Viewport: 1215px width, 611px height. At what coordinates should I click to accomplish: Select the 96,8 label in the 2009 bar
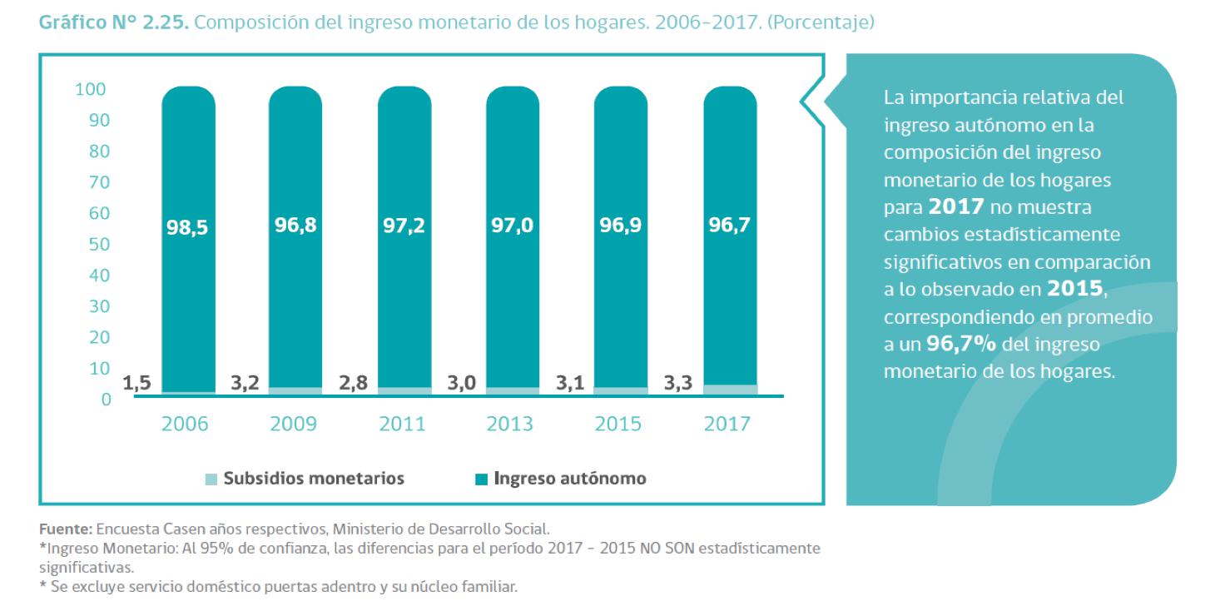[295, 226]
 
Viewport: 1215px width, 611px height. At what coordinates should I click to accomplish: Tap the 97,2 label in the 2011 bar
[404, 226]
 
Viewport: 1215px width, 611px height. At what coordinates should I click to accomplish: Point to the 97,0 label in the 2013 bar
[512, 226]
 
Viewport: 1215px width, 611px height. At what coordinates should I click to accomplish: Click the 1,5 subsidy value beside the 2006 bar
[137, 384]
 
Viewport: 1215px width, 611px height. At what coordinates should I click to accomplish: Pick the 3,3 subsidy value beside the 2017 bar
[678, 384]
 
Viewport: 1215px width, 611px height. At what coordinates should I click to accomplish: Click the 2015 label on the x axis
[618, 424]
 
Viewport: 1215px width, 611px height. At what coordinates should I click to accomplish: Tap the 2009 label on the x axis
[294, 424]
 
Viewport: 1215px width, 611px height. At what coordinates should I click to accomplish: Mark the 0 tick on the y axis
[105, 400]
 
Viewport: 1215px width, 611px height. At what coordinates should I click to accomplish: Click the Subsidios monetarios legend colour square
[211, 479]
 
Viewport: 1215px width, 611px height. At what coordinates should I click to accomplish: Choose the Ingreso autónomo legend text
[570, 479]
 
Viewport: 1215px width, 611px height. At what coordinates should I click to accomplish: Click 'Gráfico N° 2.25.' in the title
[114, 24]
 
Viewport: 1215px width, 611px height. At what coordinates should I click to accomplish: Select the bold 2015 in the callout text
[1076, 289]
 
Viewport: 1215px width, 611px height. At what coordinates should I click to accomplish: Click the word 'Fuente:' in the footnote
[67, 528]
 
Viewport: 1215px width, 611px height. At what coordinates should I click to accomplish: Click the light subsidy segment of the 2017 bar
[730, 390]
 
